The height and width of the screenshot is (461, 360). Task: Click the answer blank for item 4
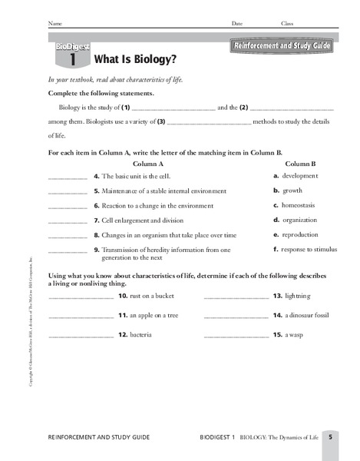click(x=68, y=178)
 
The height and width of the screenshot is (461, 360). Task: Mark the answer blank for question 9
click(x=68, y=251)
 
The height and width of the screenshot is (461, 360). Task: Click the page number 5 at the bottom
click(x=330, y=437)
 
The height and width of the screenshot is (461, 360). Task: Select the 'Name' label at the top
click(x=54, y=24)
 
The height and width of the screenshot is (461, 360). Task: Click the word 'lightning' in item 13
click(x=299, y=296)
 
